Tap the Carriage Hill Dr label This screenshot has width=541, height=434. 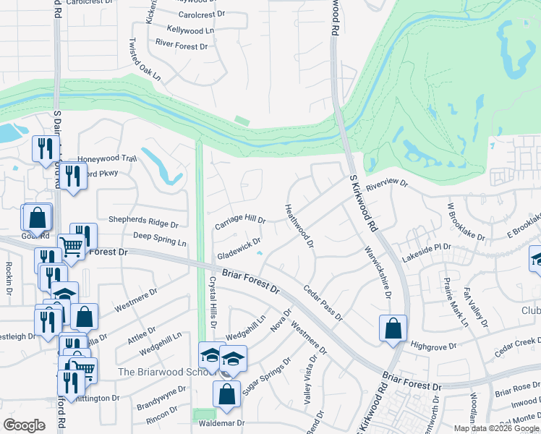click(241, 223)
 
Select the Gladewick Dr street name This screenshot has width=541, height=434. click(238, 250)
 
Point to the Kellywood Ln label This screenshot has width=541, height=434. click(190, 30)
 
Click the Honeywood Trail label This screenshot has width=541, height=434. click(107, 158)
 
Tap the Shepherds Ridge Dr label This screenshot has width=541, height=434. click(142, 221)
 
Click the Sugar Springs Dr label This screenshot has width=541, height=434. click(265, 375)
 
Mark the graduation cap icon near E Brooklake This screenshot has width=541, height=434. click(536, 258)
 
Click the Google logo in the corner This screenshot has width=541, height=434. click(25, 426)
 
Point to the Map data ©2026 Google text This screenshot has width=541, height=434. click(496, 428)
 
